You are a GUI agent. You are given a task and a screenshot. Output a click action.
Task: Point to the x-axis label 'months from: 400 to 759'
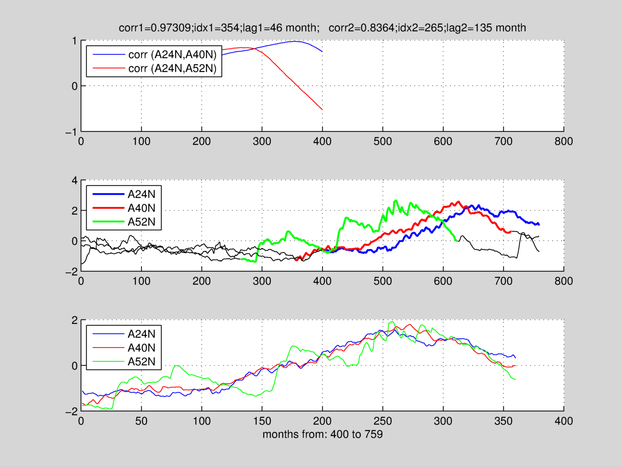point(322,434)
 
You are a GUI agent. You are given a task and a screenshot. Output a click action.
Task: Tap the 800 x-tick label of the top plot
point(564,141)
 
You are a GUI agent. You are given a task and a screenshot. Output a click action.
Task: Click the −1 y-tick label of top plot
point(71,132)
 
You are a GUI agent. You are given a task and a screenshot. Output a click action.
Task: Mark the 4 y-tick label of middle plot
point(74,180)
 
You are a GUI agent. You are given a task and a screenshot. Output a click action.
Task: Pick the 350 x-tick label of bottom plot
point(503,421)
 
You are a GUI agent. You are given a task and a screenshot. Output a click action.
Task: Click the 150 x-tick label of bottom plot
point(262,421)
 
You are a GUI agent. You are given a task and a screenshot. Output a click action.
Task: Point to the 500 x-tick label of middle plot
point(382,281)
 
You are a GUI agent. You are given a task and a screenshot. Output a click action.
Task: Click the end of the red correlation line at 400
point(322,109)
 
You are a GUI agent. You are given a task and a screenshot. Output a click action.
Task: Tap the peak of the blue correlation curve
point(295,41)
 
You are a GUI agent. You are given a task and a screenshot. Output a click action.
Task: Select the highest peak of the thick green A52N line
point(396,200)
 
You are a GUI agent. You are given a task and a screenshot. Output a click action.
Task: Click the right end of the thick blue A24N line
point(539,224)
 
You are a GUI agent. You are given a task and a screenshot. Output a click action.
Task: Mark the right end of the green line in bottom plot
point(515,379)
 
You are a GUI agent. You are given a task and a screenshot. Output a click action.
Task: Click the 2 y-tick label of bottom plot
point(74,320)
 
